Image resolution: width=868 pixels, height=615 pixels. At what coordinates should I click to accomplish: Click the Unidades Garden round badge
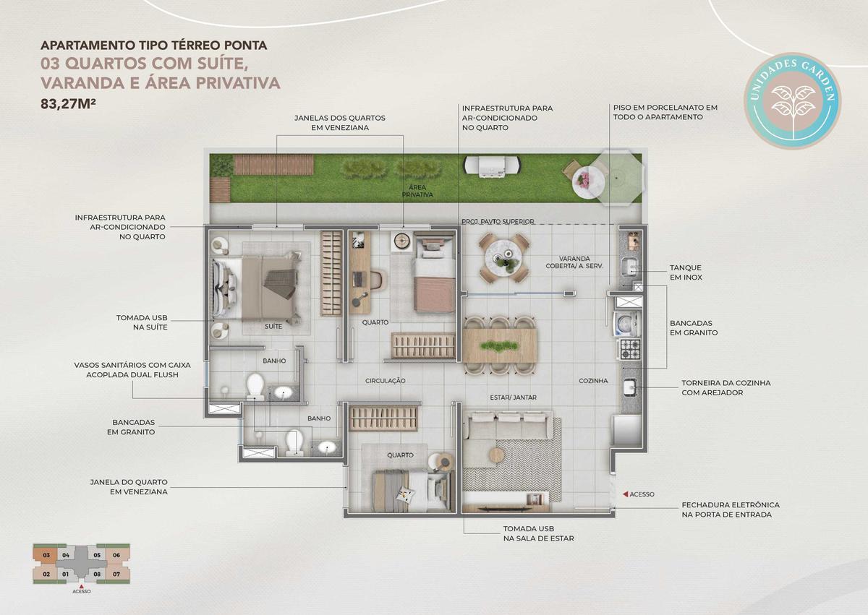(792, 100)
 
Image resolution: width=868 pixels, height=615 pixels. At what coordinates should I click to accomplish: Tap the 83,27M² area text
(68, 104)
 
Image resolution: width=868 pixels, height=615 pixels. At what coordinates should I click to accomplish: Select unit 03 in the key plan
(46, 556)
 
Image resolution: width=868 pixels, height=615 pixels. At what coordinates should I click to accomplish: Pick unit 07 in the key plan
(116, 575)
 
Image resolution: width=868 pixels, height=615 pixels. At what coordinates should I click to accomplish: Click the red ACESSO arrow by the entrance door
(625, 494)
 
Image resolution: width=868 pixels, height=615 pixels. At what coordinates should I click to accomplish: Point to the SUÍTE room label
(273, 326)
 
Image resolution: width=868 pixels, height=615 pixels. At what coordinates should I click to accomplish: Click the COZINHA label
(593, 381)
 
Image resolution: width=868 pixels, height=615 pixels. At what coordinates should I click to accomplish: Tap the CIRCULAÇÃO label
(385, 381)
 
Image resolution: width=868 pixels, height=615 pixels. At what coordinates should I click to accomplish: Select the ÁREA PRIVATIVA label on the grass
(417, 191)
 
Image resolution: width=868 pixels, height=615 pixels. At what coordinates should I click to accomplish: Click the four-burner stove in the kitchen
(631, 349)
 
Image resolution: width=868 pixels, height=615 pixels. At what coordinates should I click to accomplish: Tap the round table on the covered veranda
(504, 257)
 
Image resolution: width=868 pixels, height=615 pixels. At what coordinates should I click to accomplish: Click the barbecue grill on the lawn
(492, 166)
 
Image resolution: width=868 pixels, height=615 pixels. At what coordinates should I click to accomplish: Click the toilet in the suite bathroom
(255, 386)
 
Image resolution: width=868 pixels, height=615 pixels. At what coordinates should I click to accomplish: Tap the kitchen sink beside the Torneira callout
(631, 387)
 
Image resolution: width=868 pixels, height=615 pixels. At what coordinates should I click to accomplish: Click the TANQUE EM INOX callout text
(686, 272)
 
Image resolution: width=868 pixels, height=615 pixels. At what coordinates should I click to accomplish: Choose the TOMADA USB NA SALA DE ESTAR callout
(538, 533)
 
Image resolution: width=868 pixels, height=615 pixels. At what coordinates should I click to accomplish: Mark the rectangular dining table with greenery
(500, 345)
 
